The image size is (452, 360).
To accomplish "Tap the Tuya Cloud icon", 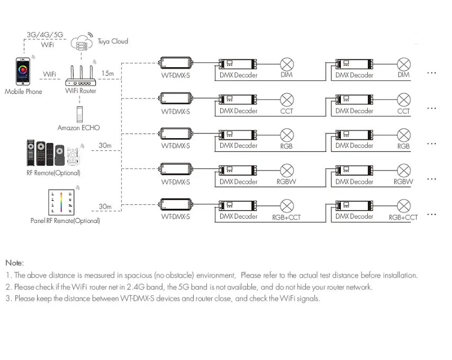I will pyautogui.click(x=82, y=42).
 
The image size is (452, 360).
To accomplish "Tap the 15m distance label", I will pyautogui.click(x=107, y=73).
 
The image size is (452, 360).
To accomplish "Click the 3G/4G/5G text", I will pyautogui.click(x=44, y=35).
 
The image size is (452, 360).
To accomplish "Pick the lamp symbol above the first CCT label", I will pyautogui.click(x=287, y=100).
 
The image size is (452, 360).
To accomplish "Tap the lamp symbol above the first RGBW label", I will pyautogui.click(x=287, y=170).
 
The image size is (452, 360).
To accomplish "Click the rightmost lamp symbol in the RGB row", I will pyautogui.click(x=404, y=134).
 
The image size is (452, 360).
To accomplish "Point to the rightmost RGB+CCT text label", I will pyautogui.click(x=403, y=217).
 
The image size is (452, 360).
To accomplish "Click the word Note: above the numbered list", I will pyautogui.click(x=15, y=263).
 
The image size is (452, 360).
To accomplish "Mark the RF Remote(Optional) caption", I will pyautogui.click(x=53, y=173).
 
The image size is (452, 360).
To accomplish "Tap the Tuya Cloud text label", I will pyautogui.click(x=112, y=41).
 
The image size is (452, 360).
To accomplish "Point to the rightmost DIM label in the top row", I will pyautogui.click(x=403, y=75).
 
